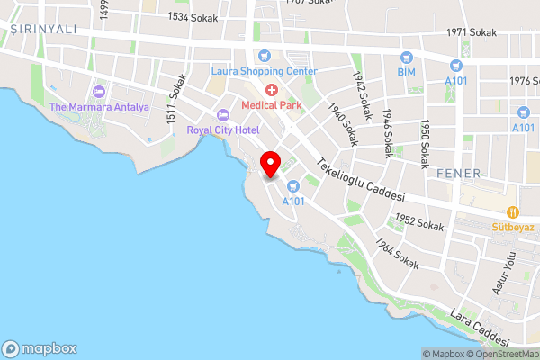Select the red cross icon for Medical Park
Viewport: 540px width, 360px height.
pos(271,90)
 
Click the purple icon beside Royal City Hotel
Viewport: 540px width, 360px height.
pos(223,114)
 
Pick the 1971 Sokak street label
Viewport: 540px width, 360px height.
pos(471,32)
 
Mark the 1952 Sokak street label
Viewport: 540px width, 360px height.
pos(419,222)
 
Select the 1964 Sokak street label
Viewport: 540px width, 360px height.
pos(397,254)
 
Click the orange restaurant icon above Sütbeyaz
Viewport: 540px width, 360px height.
pos(512,212)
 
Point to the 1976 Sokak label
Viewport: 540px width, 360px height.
pos(522,80)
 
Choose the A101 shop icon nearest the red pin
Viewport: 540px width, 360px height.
pos(292,186)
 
